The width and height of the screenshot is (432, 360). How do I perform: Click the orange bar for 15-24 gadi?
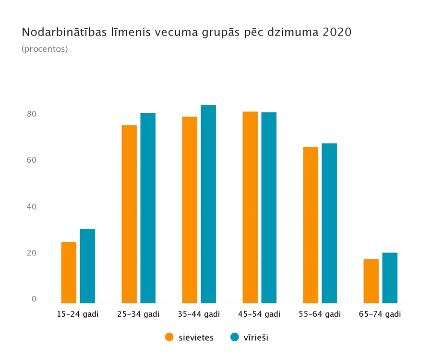tap(69, 272)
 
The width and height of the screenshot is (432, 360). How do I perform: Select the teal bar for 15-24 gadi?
tap(87, 266)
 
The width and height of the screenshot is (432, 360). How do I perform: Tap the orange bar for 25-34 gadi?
tap(129, 214)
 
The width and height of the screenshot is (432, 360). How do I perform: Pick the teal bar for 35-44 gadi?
tap(208, 204)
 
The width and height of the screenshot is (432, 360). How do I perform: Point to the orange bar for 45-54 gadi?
tap(250, 207)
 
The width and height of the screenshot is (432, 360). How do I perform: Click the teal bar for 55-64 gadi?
tap(329, 223)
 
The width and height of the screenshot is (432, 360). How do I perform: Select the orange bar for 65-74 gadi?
tap(371, 281)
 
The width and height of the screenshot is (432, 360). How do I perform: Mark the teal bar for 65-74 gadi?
tap(390, 277)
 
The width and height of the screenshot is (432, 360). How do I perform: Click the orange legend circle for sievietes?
tap(169, 337)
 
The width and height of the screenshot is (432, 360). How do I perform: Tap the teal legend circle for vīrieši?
tap(235, 337)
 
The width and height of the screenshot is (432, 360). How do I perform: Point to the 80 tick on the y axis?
tap(32, 114)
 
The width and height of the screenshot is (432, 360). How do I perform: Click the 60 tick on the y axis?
tap(32, 160)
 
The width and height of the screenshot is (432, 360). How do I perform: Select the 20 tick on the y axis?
tap(32, 253)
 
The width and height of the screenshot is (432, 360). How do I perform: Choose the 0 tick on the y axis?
tap(34, 299)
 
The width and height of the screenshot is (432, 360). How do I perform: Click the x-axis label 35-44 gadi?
tap(199, 314)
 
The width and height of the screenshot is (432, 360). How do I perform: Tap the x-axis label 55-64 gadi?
tap(320, 314)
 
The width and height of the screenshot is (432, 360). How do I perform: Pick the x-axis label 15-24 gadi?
tap(78, 314)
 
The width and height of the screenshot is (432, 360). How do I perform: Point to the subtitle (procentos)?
tap(45, 49)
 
